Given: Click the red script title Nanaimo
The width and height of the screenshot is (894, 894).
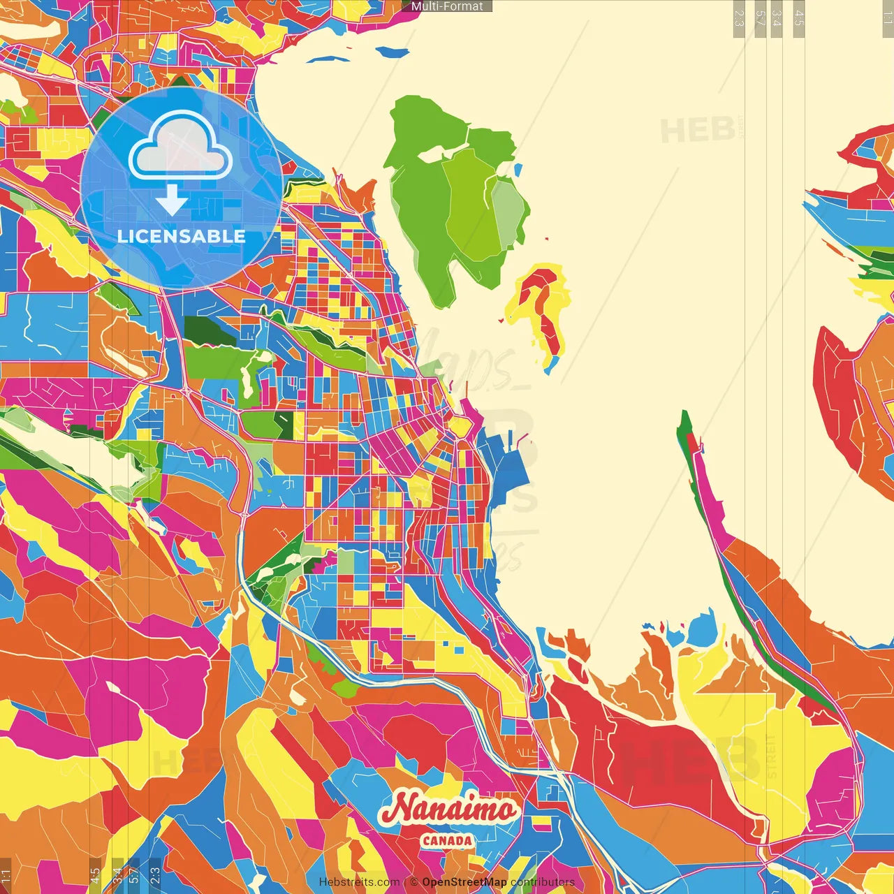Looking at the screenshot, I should click(448, 809).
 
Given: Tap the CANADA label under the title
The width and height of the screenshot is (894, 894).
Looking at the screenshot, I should click(447, 840).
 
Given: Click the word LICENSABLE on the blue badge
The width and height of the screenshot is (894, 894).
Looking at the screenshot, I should click(182, 236).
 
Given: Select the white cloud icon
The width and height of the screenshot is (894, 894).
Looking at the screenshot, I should click(180, 147).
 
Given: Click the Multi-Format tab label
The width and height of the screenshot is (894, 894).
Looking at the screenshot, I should click(447, 6).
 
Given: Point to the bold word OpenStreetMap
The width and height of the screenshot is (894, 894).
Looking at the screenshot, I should click(464, 882).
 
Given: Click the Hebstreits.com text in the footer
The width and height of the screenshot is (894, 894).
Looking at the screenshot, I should click(359, 882).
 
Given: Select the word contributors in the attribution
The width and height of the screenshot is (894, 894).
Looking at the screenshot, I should click(543, 882).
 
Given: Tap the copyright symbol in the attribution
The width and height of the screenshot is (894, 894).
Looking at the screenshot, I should click(413, 882).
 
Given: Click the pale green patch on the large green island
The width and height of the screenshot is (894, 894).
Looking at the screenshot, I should click(508, 206).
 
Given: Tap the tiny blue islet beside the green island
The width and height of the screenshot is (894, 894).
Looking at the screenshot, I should click(518, 169).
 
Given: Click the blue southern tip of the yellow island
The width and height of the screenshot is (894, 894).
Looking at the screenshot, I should click(552, 364).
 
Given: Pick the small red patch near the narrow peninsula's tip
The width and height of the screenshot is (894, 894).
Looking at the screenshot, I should click(692, 443).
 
